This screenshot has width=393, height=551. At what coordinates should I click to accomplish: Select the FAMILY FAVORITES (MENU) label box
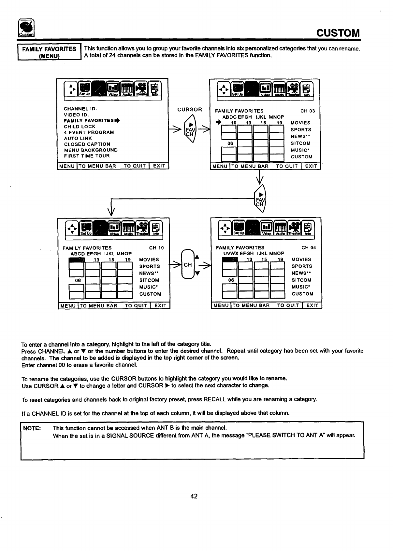[49, 52]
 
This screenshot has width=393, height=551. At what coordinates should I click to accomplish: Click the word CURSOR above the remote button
[190, 110]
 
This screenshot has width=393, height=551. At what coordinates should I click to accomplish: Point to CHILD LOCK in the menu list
[80, 127]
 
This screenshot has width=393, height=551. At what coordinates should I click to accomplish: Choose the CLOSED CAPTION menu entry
[87, 144]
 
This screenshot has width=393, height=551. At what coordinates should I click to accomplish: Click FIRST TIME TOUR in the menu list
[87, 156]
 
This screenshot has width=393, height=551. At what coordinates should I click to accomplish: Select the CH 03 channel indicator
[308, 111]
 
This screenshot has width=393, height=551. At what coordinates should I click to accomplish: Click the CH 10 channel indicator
[156, 248]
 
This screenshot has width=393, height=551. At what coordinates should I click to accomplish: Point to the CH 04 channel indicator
[309, 248]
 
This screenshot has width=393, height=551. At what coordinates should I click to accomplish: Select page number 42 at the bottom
[194, 496]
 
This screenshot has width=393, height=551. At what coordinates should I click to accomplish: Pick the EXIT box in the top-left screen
[159, 166]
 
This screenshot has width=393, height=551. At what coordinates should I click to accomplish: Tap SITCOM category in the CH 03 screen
[300, 143]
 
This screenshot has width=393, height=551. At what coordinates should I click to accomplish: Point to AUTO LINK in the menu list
[78, 138]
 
